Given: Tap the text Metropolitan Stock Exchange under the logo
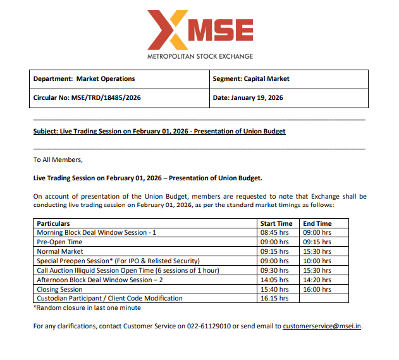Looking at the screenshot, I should pyautogui.click(x=200, y=56).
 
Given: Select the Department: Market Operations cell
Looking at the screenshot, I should pyautogui.click(x=84, y=79).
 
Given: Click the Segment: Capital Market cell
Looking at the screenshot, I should pyautogui.click(x=251, y=79).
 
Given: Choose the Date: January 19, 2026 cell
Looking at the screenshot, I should pyautogui.click(x=248, y=98).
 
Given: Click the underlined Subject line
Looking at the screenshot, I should pyautogui.click(x=159, y=132).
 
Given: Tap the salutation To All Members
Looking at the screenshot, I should pyautogui.click(x=58, y=159).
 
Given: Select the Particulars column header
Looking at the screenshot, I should pyautogui.click(x=53, y=223).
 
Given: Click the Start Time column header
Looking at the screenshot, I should pyautogui.click(x=276, y=223).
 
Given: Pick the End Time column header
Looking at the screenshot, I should pyautogui.click(x=317, y=223).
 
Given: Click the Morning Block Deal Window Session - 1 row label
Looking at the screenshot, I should pyautogui.click(x=96, y=233).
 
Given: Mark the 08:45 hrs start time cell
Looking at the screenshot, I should pyautogui.click(x=274, y=233).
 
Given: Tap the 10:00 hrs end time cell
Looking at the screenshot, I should pyautogui.click(x=317, y=261).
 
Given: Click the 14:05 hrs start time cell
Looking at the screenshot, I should pyautogui.click(x=274, y=280).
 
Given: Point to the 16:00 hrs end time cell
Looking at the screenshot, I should pyautogui.click(x=317, y=289).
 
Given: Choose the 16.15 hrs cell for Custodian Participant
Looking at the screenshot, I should pyautogui.click(x=274, y=298).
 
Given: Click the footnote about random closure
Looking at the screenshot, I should pyautogui.click(x=87, y=307).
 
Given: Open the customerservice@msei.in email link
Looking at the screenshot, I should pyautogui.click(x=322, y=326).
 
